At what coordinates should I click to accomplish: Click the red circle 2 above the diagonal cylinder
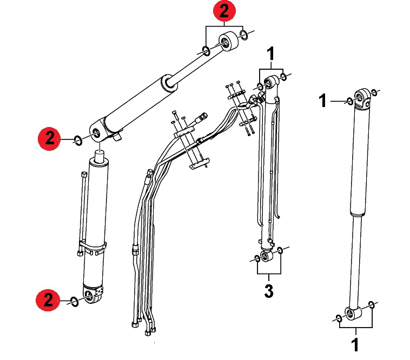coord(224,11)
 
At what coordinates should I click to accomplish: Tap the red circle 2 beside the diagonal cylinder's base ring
coord(49,138)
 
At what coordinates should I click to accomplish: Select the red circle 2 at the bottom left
coord(48,300)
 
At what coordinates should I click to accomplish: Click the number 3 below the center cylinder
coord(269,291)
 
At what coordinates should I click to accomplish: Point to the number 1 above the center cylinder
coord(271,54)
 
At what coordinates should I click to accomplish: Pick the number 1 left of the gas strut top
coord(323,101)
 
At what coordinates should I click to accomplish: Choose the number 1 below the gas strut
coord(355,344)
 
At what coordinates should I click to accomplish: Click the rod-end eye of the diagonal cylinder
coord(228,41)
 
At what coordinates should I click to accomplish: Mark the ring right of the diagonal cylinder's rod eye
coord(244,35)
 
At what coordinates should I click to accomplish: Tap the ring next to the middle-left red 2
coord(78,141)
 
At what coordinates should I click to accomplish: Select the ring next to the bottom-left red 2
coord(74,302)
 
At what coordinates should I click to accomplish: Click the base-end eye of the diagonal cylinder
coord(98,132)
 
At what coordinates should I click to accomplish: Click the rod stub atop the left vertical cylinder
coord(101,156)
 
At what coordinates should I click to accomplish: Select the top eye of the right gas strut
coord(362,97)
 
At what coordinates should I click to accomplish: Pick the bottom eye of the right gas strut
coord(353,313)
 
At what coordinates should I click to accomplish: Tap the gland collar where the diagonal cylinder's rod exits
coord(169,84)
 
